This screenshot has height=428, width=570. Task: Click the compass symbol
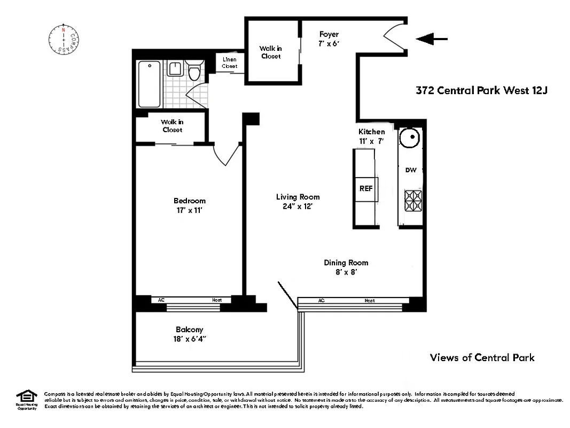point(64,39)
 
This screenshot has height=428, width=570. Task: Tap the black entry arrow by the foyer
point(431,39)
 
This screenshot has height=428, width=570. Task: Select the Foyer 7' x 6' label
point(329,39)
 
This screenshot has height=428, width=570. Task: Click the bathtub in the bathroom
point(149,84)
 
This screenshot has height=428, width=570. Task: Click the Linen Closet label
point(230,63)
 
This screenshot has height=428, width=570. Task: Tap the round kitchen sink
point(411,139)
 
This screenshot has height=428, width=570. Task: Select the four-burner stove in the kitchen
point(412,201)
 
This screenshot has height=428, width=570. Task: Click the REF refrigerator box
point(366,189)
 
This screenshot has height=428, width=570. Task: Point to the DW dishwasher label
point(410,170)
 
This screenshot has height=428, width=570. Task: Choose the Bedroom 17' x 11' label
point(189,205)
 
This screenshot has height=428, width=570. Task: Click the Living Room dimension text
point(298,205)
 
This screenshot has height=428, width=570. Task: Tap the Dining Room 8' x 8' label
point(346,267)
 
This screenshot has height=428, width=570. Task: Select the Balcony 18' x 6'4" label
point(189,334)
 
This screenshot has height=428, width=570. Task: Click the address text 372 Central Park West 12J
point(482,90)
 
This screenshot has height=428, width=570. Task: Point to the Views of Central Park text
point(482,357)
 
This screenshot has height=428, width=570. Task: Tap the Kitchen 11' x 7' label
point(371,136)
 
